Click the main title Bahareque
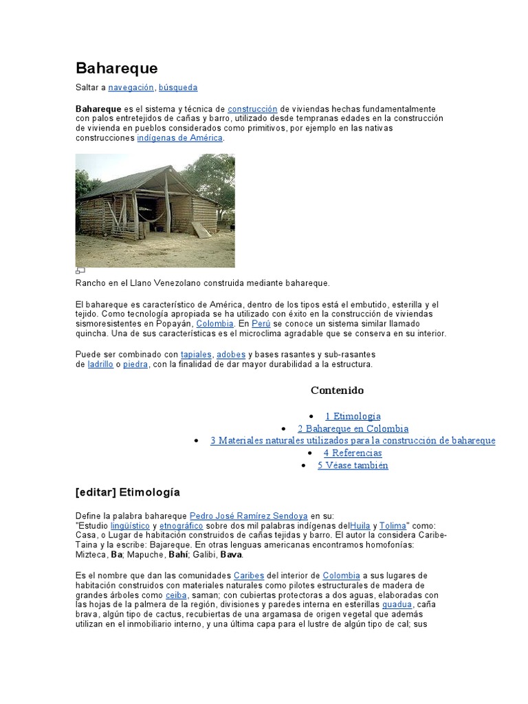point(116,68)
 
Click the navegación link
point(131,87)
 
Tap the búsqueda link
point(178,87)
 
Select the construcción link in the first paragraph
point(252,109)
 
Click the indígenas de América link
point(180,137)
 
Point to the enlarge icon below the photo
point(80,271)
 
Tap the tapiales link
point(196,355)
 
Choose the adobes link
point(231,355)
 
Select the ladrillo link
point(100,364)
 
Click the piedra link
point(135,364)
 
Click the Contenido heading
point(337,390)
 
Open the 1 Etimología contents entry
point(353,416)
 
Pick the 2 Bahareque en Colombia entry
point(353,428)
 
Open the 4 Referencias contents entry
point(353,453)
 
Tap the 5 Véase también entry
point(353,465)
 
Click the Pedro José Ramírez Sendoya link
point(249,516)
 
